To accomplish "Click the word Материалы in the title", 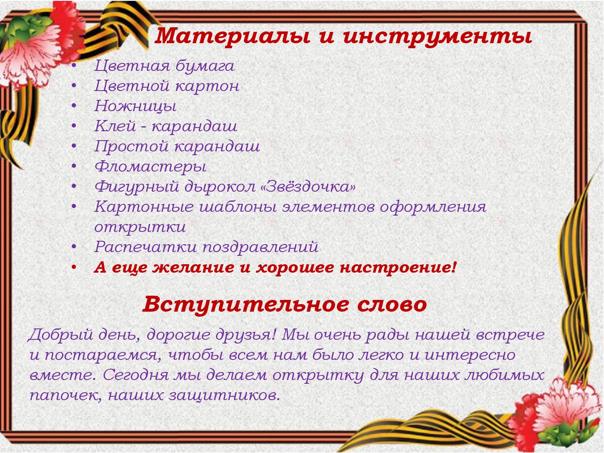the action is [x=232, y=36].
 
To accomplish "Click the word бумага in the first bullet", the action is [x=205, y=66].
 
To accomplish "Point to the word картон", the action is [x=207, y=86].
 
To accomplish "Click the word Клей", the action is [x=115, y=126].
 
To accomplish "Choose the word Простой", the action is [x=131, y=146].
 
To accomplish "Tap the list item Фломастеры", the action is [x=150, y=167].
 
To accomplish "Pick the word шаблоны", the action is [x=238, y=206].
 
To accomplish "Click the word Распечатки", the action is [x=146, y=247].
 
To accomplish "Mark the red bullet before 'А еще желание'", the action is [x=73, y=267].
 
